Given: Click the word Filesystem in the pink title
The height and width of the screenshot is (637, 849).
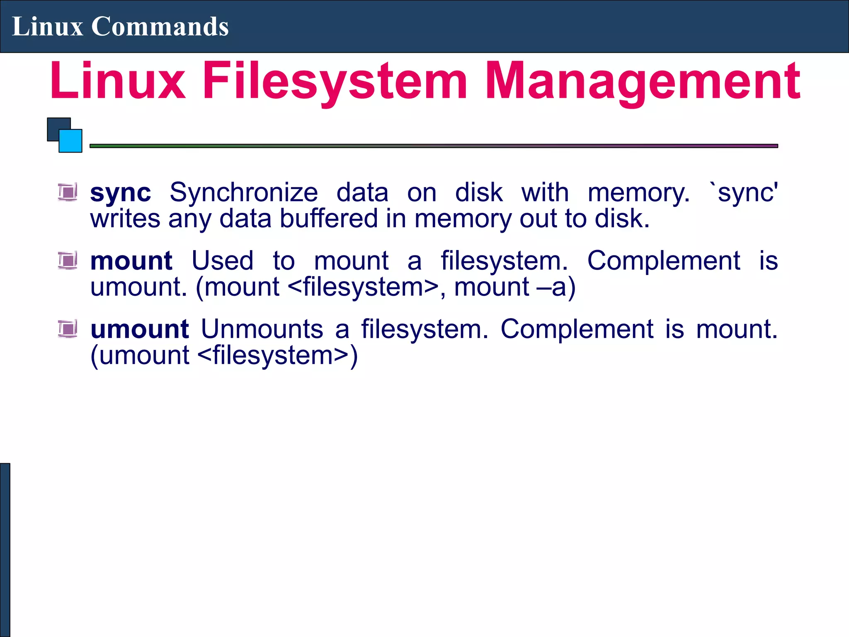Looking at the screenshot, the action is pos(335,81).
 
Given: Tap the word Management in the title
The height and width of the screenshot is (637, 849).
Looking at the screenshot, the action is pos(643,81).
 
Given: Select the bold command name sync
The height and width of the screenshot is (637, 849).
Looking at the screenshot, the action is pos(120,193).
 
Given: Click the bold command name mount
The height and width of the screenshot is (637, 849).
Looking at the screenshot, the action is pos(131,261).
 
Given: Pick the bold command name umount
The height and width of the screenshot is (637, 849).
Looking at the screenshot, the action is pos(140,329).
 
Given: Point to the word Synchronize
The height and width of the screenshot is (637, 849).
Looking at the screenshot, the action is pos(244,193).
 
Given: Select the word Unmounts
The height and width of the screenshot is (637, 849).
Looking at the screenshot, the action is pos(262,329).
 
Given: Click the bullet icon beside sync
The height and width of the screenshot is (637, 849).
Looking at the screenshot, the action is pos(68,192).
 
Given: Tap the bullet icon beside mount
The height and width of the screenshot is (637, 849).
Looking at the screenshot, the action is pos(68,260).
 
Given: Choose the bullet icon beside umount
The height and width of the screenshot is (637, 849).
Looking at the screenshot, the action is pos(68,329).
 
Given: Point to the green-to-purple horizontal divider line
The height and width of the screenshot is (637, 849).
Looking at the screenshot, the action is pos(434,146).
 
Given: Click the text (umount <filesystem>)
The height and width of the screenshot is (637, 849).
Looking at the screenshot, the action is pos(224,356).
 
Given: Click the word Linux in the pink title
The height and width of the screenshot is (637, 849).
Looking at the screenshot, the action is pos(118,81).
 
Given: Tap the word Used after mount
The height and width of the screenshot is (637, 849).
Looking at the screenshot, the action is pos(223,261).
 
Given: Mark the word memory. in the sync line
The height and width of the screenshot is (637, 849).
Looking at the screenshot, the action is pos(639,193).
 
